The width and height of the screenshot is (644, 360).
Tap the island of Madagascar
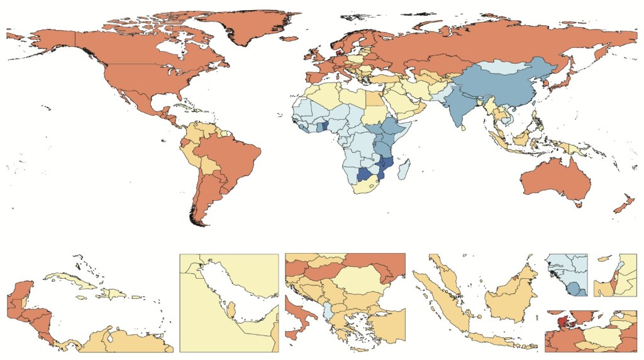[x=406, y=169]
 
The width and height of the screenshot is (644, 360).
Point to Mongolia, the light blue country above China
[x=503, y=66]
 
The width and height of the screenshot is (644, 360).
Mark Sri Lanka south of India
[x=464, y=127]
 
